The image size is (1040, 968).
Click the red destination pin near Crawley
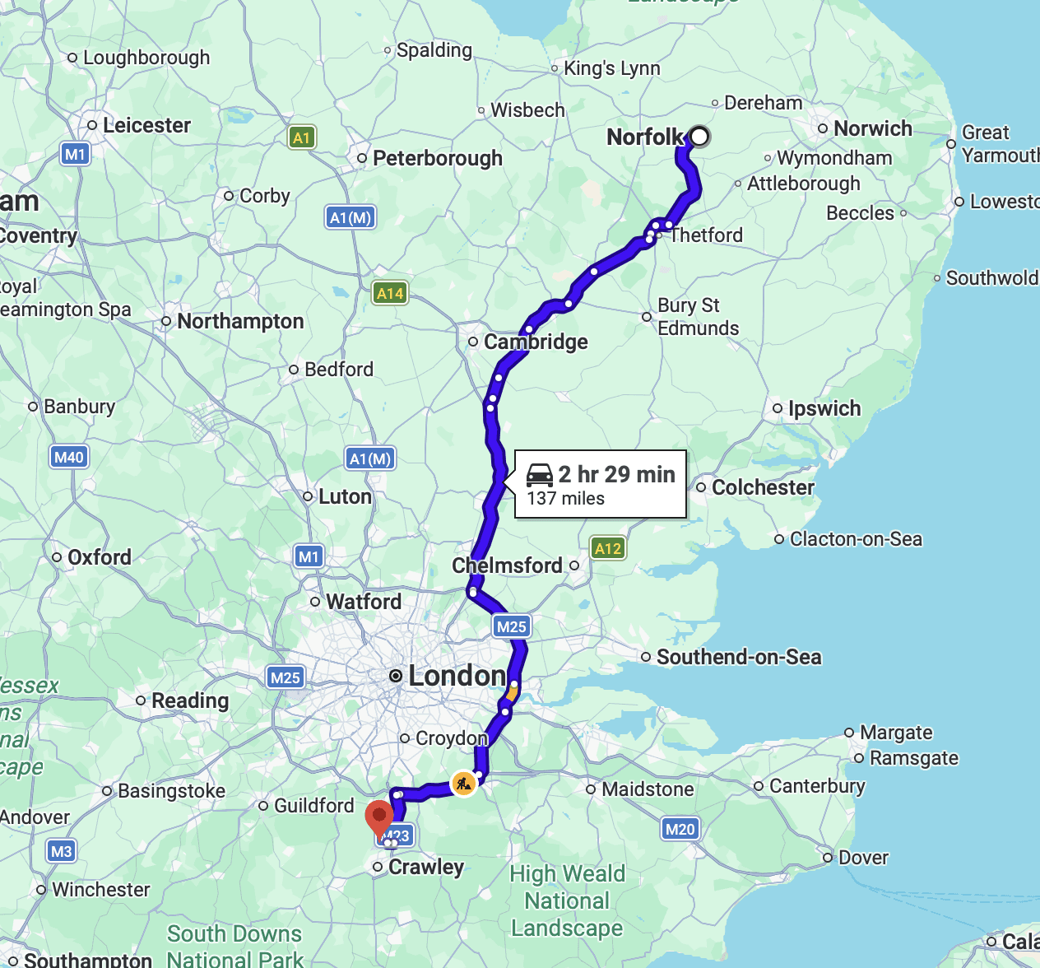click(378, 817)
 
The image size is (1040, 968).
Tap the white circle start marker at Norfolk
click(699, 136)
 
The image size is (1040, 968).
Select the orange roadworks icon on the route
click(463, 782)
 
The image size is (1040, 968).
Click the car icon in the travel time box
click(540, 475)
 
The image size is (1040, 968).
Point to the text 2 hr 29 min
click(616, 474)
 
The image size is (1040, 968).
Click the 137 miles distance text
click(565, 499)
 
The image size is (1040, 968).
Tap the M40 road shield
click(68, 457)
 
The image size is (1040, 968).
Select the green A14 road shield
click(390, 293)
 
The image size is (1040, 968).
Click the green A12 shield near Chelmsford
click(608, 548)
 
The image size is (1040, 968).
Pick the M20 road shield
click(680, 829)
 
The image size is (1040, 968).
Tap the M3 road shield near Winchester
click(61, 851)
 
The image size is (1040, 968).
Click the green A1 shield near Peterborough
click(302, 137)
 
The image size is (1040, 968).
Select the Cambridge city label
click(536, 342)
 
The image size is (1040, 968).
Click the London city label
click(457, 676)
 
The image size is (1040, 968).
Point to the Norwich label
click(872, 128)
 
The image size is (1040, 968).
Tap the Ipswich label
click(824, 408)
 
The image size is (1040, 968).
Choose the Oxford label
click(99, 557)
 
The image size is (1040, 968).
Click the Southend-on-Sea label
click(739, 657)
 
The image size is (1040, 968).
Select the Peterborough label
click(437, 158)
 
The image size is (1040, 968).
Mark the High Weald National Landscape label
click(567, 901)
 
